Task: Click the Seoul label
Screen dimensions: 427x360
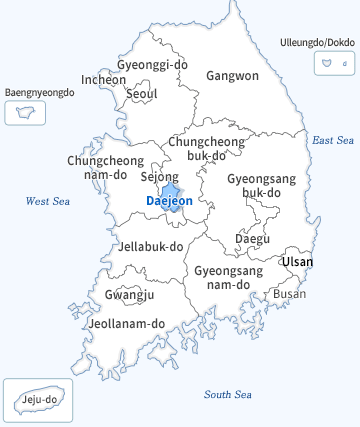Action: (142, 94)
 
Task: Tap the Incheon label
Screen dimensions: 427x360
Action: (104, 79)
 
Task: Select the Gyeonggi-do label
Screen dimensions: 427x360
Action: (152, 64)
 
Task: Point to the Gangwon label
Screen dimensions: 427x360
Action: (232, 75)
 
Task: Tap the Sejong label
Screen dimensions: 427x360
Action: (159, 177)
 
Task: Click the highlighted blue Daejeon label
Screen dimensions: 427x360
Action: (169, 201)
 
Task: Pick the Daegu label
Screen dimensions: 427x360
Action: (252, 238)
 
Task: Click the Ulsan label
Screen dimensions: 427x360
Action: (297, 262)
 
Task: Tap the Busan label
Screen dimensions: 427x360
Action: (290, 294)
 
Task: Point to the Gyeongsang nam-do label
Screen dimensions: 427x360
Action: (228, 278)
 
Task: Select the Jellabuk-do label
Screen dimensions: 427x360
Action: (151, 246)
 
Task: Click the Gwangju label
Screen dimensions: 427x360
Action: (129, 295)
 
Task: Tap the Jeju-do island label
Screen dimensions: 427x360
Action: (38, 401)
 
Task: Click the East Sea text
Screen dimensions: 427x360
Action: (333, 141)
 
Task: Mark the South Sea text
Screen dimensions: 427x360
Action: (227, 394)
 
